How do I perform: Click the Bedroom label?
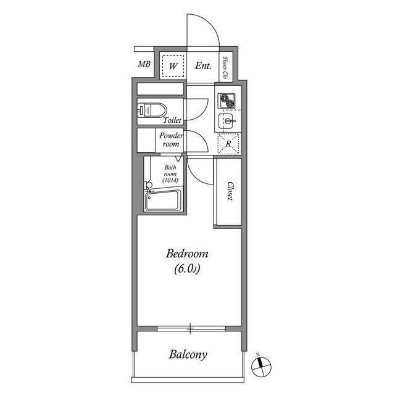187,254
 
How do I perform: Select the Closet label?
229,191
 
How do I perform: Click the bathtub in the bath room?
162,201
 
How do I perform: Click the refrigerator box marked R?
228,143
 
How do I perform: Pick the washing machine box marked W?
173,65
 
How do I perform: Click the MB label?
144,64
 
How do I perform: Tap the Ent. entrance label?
203,65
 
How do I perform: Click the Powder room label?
170,139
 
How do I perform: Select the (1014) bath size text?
171,180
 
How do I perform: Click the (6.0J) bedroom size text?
187,268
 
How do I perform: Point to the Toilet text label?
172,120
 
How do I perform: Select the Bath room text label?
170,170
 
